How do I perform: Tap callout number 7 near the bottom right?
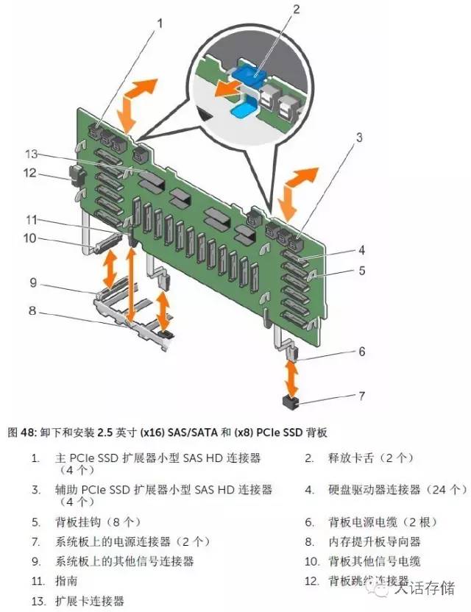coord(361,396)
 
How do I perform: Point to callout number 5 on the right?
coord(361,270)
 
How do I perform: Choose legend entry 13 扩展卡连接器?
coord(89,600)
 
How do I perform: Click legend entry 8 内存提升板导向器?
coord(374,541)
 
